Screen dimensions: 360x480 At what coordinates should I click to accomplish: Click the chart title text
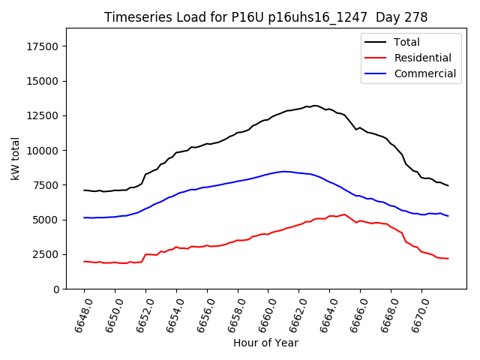coord(265,17)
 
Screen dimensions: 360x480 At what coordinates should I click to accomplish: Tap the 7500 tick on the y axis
coord(46,185)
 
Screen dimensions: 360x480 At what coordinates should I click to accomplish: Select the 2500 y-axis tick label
coord(46,254)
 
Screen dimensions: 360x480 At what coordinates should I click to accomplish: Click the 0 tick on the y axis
coord(57,289)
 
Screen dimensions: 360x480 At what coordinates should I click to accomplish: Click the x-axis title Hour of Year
coord(265,343)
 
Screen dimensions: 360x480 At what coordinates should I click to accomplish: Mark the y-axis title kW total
coord(15,158)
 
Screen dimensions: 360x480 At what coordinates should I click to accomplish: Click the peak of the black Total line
coord(314,106)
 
